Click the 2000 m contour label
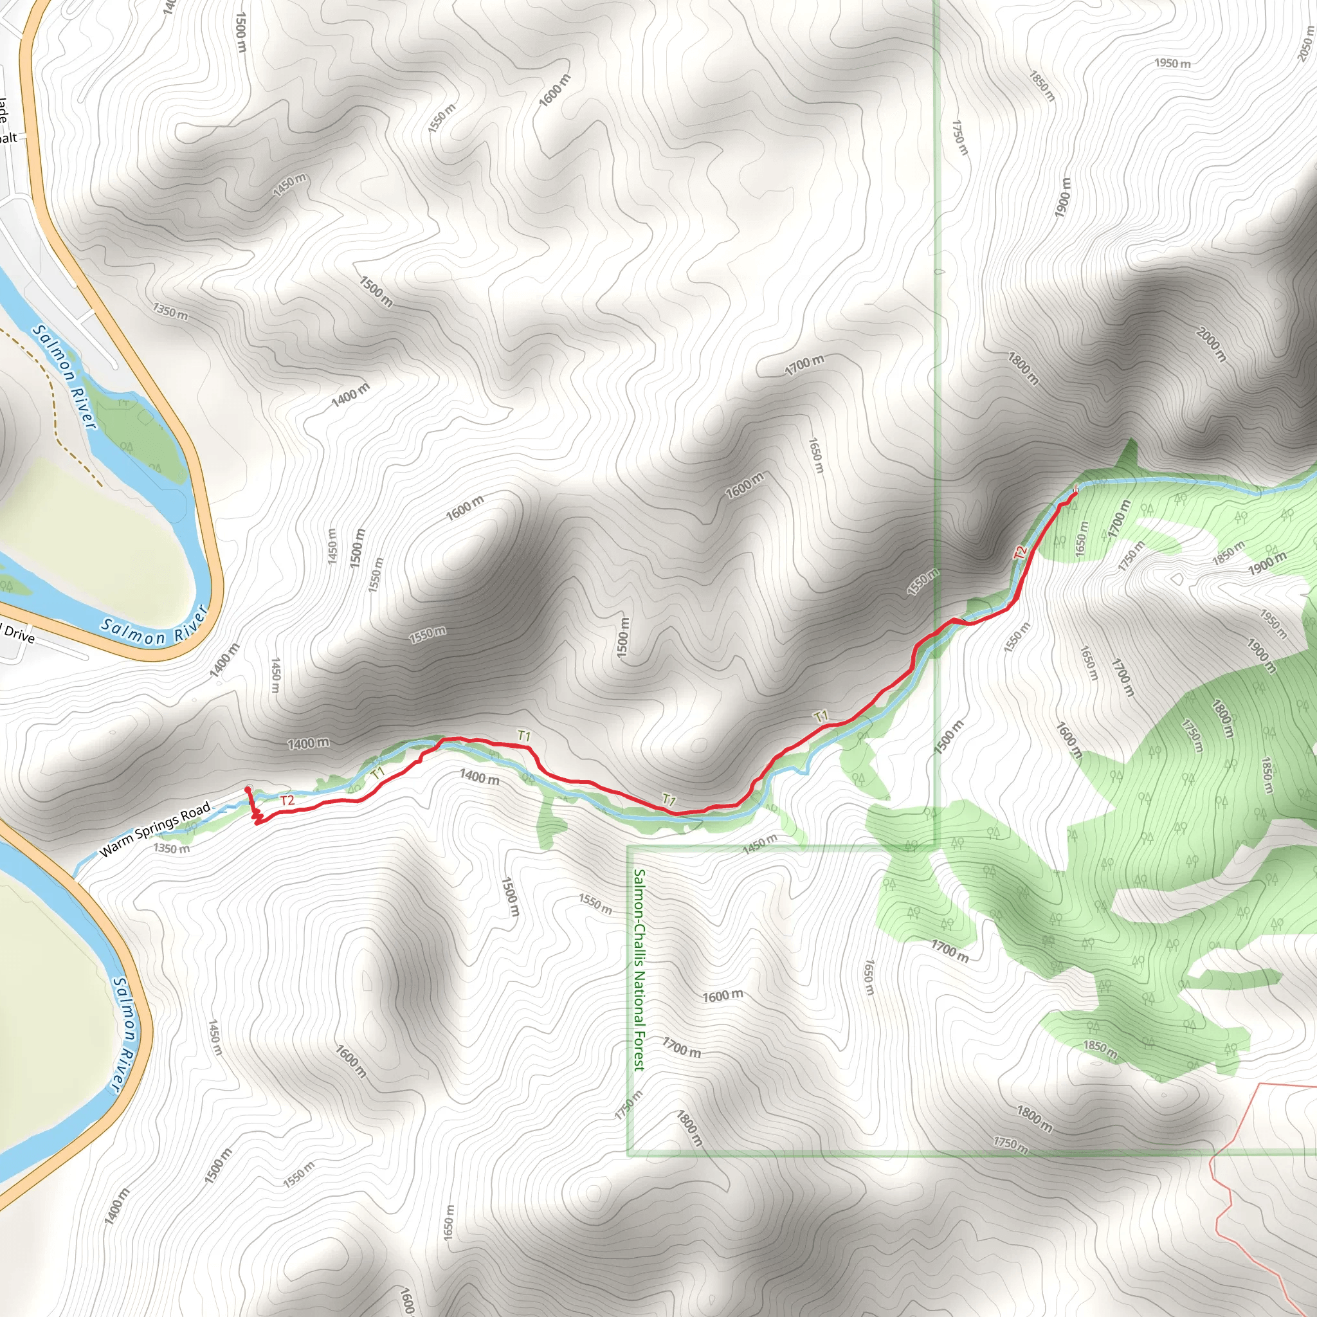(x=1212, y=344)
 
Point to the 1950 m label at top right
(x=1172, y=64)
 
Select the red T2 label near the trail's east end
(x=1021, y=552)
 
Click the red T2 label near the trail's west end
(x=287, y=800)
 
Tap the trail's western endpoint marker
(x=248, y=790)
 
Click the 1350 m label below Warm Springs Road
(x=171, y=849)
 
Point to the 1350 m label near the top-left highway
(x=170, y=313)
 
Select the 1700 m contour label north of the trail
(x=804, y=365)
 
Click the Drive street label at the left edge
(x=19, y=635)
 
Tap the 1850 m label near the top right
(x=1042, y=87)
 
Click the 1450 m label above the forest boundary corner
(x=759, y=844)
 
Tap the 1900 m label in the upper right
(x=1063, y=197)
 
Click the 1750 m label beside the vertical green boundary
(x=959, y=138)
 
